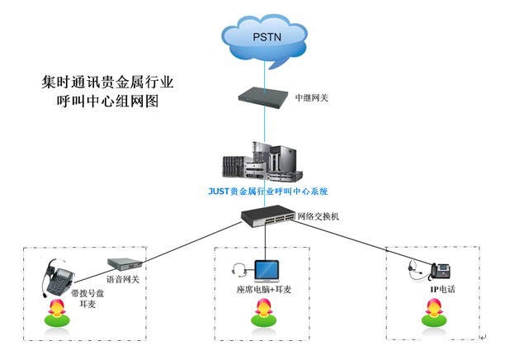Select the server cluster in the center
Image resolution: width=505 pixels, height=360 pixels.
coord(265,160)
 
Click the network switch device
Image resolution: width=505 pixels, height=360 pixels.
coord(267,217)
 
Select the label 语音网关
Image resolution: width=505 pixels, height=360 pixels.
coord(125,279)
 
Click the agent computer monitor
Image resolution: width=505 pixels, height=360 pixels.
coord(267,270)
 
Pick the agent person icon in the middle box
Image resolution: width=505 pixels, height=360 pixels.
coord(264,312)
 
